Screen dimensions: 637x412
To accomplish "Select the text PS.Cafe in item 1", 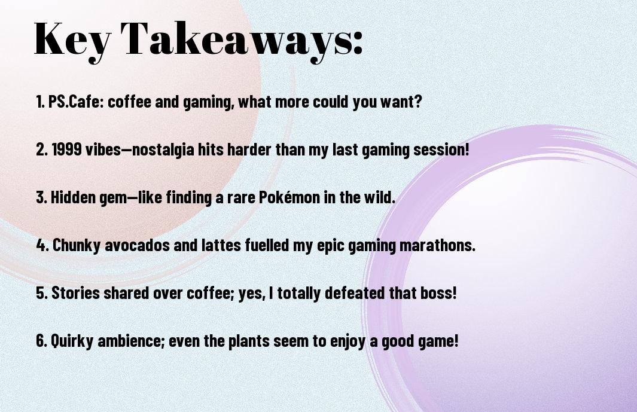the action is (77, 102).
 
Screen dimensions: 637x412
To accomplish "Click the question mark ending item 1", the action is (418, 102).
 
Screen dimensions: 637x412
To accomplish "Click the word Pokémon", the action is (289, 197).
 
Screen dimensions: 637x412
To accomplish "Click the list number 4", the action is (41, 245).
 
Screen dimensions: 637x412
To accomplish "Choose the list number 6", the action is (41, 340).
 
